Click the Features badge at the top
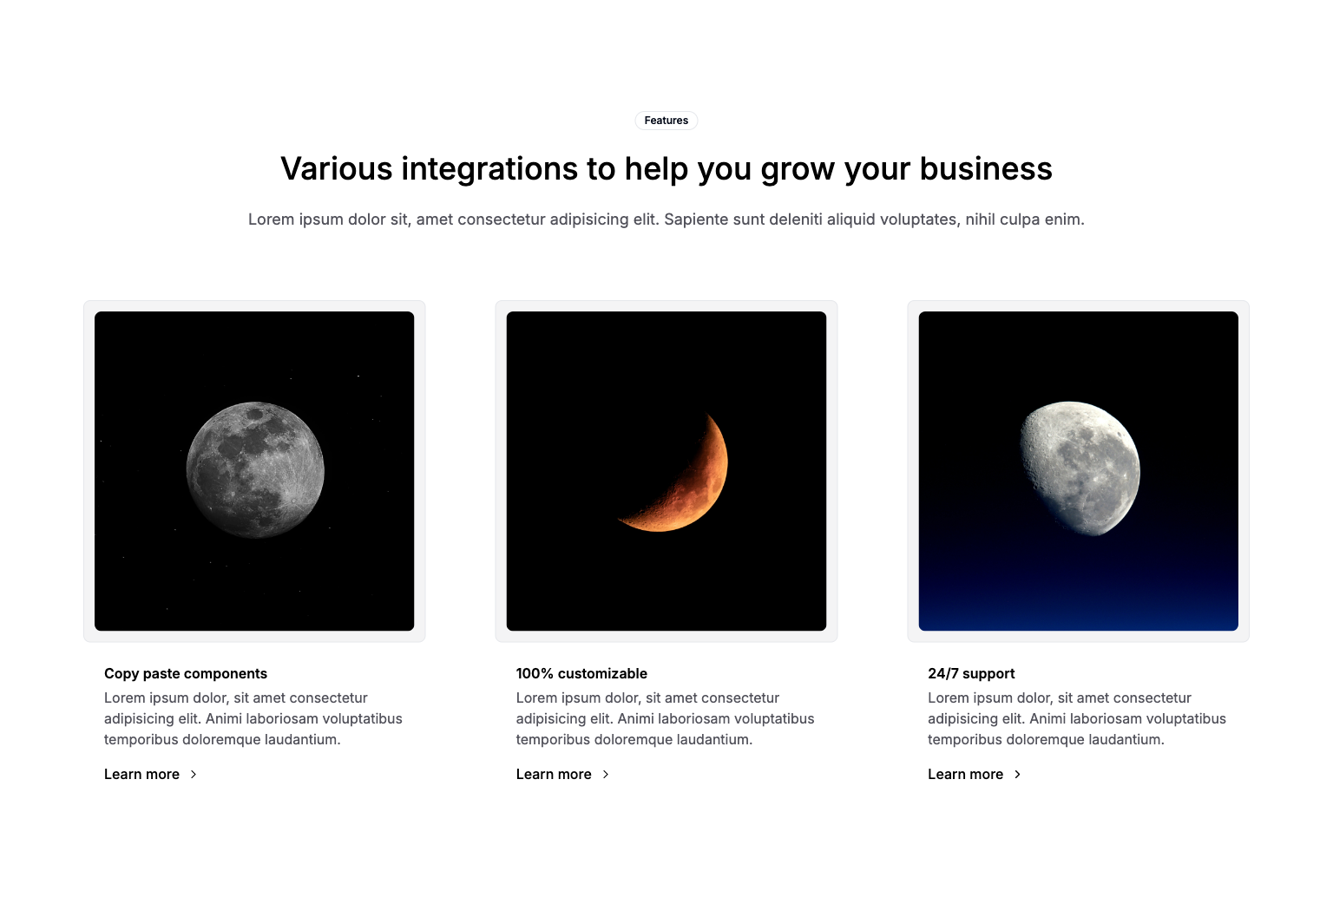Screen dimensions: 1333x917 pos(666,121)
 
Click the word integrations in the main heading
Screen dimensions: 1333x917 pos(489,169)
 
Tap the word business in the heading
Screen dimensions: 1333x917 pos(986,168)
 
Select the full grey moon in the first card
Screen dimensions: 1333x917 pos(255,470)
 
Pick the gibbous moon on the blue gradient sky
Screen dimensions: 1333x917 pos(1080,468)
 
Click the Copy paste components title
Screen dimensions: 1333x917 pos(186,673)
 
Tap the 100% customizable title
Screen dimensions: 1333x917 pos(581,673)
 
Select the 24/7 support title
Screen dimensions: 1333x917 pos(971,673)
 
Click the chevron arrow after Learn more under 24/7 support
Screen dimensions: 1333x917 pos(1018,774)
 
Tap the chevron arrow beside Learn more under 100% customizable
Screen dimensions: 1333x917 pos(606,774)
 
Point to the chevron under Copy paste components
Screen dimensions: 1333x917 pos(194,774)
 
